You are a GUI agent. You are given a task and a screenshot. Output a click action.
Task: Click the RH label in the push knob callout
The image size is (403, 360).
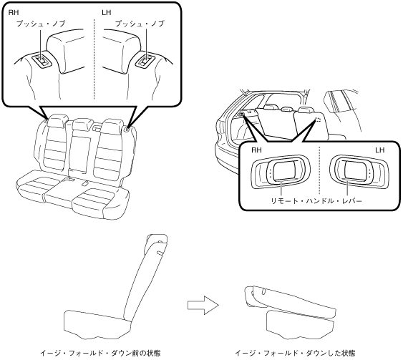14,12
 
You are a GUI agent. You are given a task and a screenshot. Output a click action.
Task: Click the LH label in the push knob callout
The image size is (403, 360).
106,12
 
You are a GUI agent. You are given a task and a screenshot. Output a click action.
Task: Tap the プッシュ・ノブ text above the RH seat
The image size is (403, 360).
41,24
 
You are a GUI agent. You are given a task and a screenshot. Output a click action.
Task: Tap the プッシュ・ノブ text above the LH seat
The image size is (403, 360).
140,24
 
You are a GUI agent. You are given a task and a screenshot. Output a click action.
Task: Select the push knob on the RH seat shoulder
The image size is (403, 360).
42,61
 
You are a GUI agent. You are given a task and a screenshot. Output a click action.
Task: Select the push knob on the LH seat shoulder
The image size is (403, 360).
145,62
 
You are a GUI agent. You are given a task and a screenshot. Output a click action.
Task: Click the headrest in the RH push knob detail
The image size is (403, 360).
66,52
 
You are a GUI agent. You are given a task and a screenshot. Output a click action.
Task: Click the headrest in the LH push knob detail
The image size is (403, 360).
122,52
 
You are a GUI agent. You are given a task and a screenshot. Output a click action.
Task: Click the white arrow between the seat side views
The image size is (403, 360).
203,305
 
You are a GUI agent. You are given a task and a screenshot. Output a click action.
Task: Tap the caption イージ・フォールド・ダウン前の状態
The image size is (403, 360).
100,353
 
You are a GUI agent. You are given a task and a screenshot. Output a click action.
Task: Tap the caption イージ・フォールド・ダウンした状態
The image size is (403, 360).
295,353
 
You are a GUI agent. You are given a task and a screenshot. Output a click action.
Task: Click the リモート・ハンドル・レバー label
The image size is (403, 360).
316,200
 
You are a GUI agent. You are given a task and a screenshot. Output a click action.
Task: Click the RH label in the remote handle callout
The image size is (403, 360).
256,150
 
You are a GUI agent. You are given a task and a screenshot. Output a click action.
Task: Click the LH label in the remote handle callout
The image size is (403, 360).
379,150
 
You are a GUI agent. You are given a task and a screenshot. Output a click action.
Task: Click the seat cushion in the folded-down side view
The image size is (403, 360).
300,324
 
